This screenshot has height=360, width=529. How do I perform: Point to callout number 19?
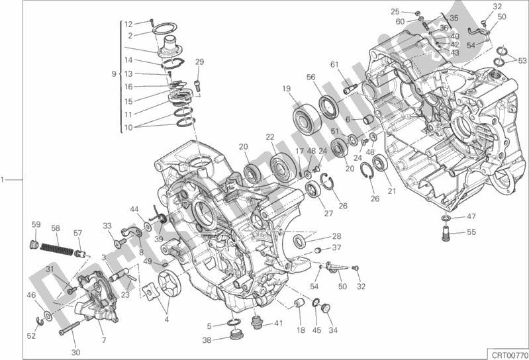[x=286, y=89]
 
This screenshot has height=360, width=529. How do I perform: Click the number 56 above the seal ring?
[x=311, y=77]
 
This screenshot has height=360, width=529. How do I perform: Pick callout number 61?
[x=334, y=64]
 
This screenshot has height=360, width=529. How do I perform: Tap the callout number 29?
[x=198, y=62]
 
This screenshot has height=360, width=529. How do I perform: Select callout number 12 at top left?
[x=129, y=23]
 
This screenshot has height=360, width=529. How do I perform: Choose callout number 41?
[x=278, y=324]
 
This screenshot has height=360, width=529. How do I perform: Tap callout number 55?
[x=471, y=232]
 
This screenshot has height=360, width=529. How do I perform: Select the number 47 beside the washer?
[x=471, y=216]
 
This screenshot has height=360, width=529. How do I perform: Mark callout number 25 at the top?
[x=395, y=11]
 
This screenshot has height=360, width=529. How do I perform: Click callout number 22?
[x=270, y=137]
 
